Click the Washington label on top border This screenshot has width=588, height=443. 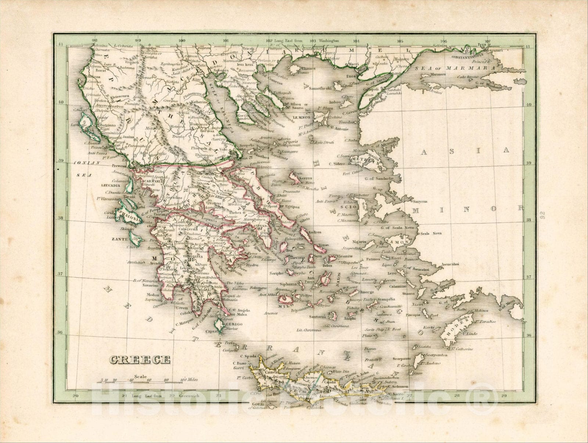[329, 41]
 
